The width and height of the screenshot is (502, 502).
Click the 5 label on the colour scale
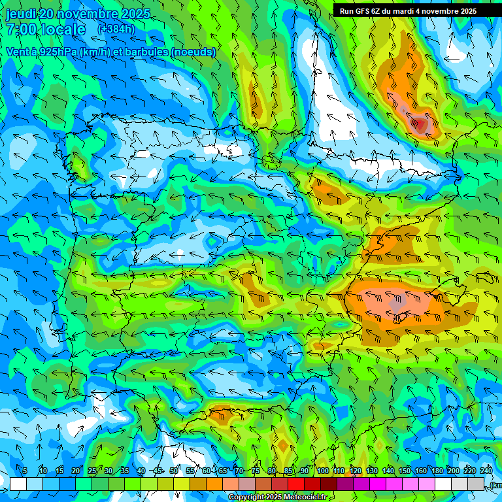[25, 471]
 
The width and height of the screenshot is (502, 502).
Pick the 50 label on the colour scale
[174, 471]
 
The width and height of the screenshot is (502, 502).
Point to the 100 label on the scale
[323, 471]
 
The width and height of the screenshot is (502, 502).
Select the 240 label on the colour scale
[486, 471]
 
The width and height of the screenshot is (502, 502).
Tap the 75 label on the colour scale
[256, 471]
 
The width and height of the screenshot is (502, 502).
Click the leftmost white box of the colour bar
[18, 484]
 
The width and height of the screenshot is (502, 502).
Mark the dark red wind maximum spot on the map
[419, 123]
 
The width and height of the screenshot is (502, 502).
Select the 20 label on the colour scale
[76, 471]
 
